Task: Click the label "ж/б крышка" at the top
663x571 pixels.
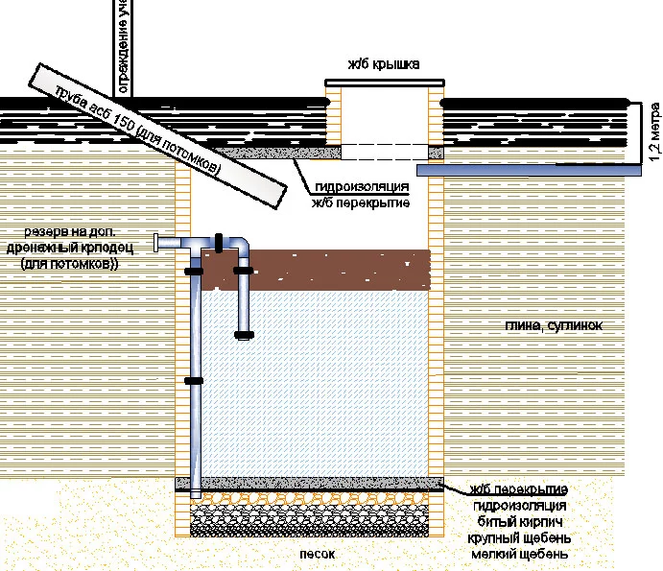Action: point(383,66)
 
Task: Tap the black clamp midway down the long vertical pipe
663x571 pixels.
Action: point(195,381)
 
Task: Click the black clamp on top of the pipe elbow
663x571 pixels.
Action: point(220,241)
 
